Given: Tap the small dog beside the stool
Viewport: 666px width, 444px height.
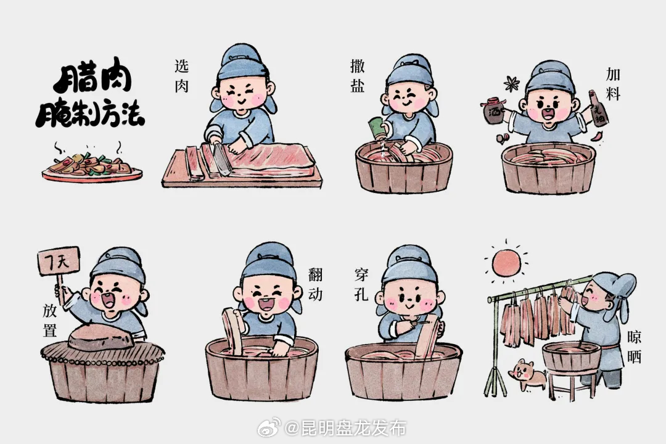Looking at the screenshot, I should pyautogui.click(x=525, y=374).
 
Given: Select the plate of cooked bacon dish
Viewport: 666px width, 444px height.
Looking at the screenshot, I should pyautogui.click(x=92, y=166).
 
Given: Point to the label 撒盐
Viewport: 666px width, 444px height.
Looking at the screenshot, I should pyautogui.click(x=357, y=76).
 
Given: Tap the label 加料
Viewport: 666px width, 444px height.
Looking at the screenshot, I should pyautogui.click(x=613, y=84).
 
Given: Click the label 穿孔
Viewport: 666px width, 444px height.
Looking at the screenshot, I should pyautogui.click(x=361, y=284).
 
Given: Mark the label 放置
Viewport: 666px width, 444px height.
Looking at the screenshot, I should pyautogui.click(x=50, y=319).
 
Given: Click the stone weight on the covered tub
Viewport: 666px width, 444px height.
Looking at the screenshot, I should pyautogui.click(x=101, y=337).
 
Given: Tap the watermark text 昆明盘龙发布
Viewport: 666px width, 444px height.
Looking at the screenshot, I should pyautogui.click(x=345, y=427).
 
